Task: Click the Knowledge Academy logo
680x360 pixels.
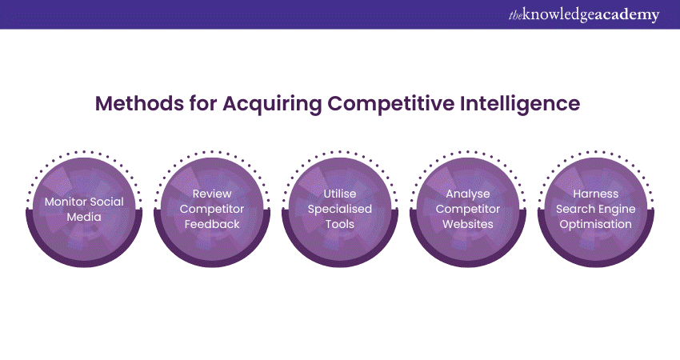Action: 584,14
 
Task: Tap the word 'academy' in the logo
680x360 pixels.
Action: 627,15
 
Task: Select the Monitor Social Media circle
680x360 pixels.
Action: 84,209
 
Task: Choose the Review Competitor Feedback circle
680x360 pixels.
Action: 212,209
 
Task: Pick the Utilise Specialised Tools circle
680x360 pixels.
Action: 340,209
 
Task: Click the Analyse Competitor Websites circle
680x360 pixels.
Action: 468,209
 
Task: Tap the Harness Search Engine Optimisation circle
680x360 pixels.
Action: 596,209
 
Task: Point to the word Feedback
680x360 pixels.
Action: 212,224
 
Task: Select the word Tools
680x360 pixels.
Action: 340,224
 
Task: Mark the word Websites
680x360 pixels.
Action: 468,224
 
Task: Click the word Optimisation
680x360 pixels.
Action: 596,225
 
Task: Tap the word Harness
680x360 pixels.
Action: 596,194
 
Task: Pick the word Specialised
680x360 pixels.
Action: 340,210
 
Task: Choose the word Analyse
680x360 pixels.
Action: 468,194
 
